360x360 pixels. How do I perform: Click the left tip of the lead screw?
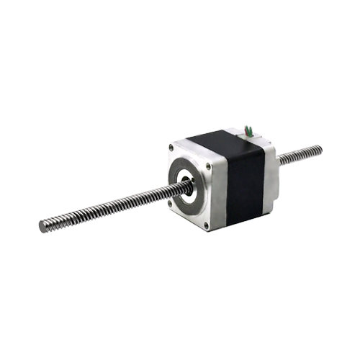point(42,226)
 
